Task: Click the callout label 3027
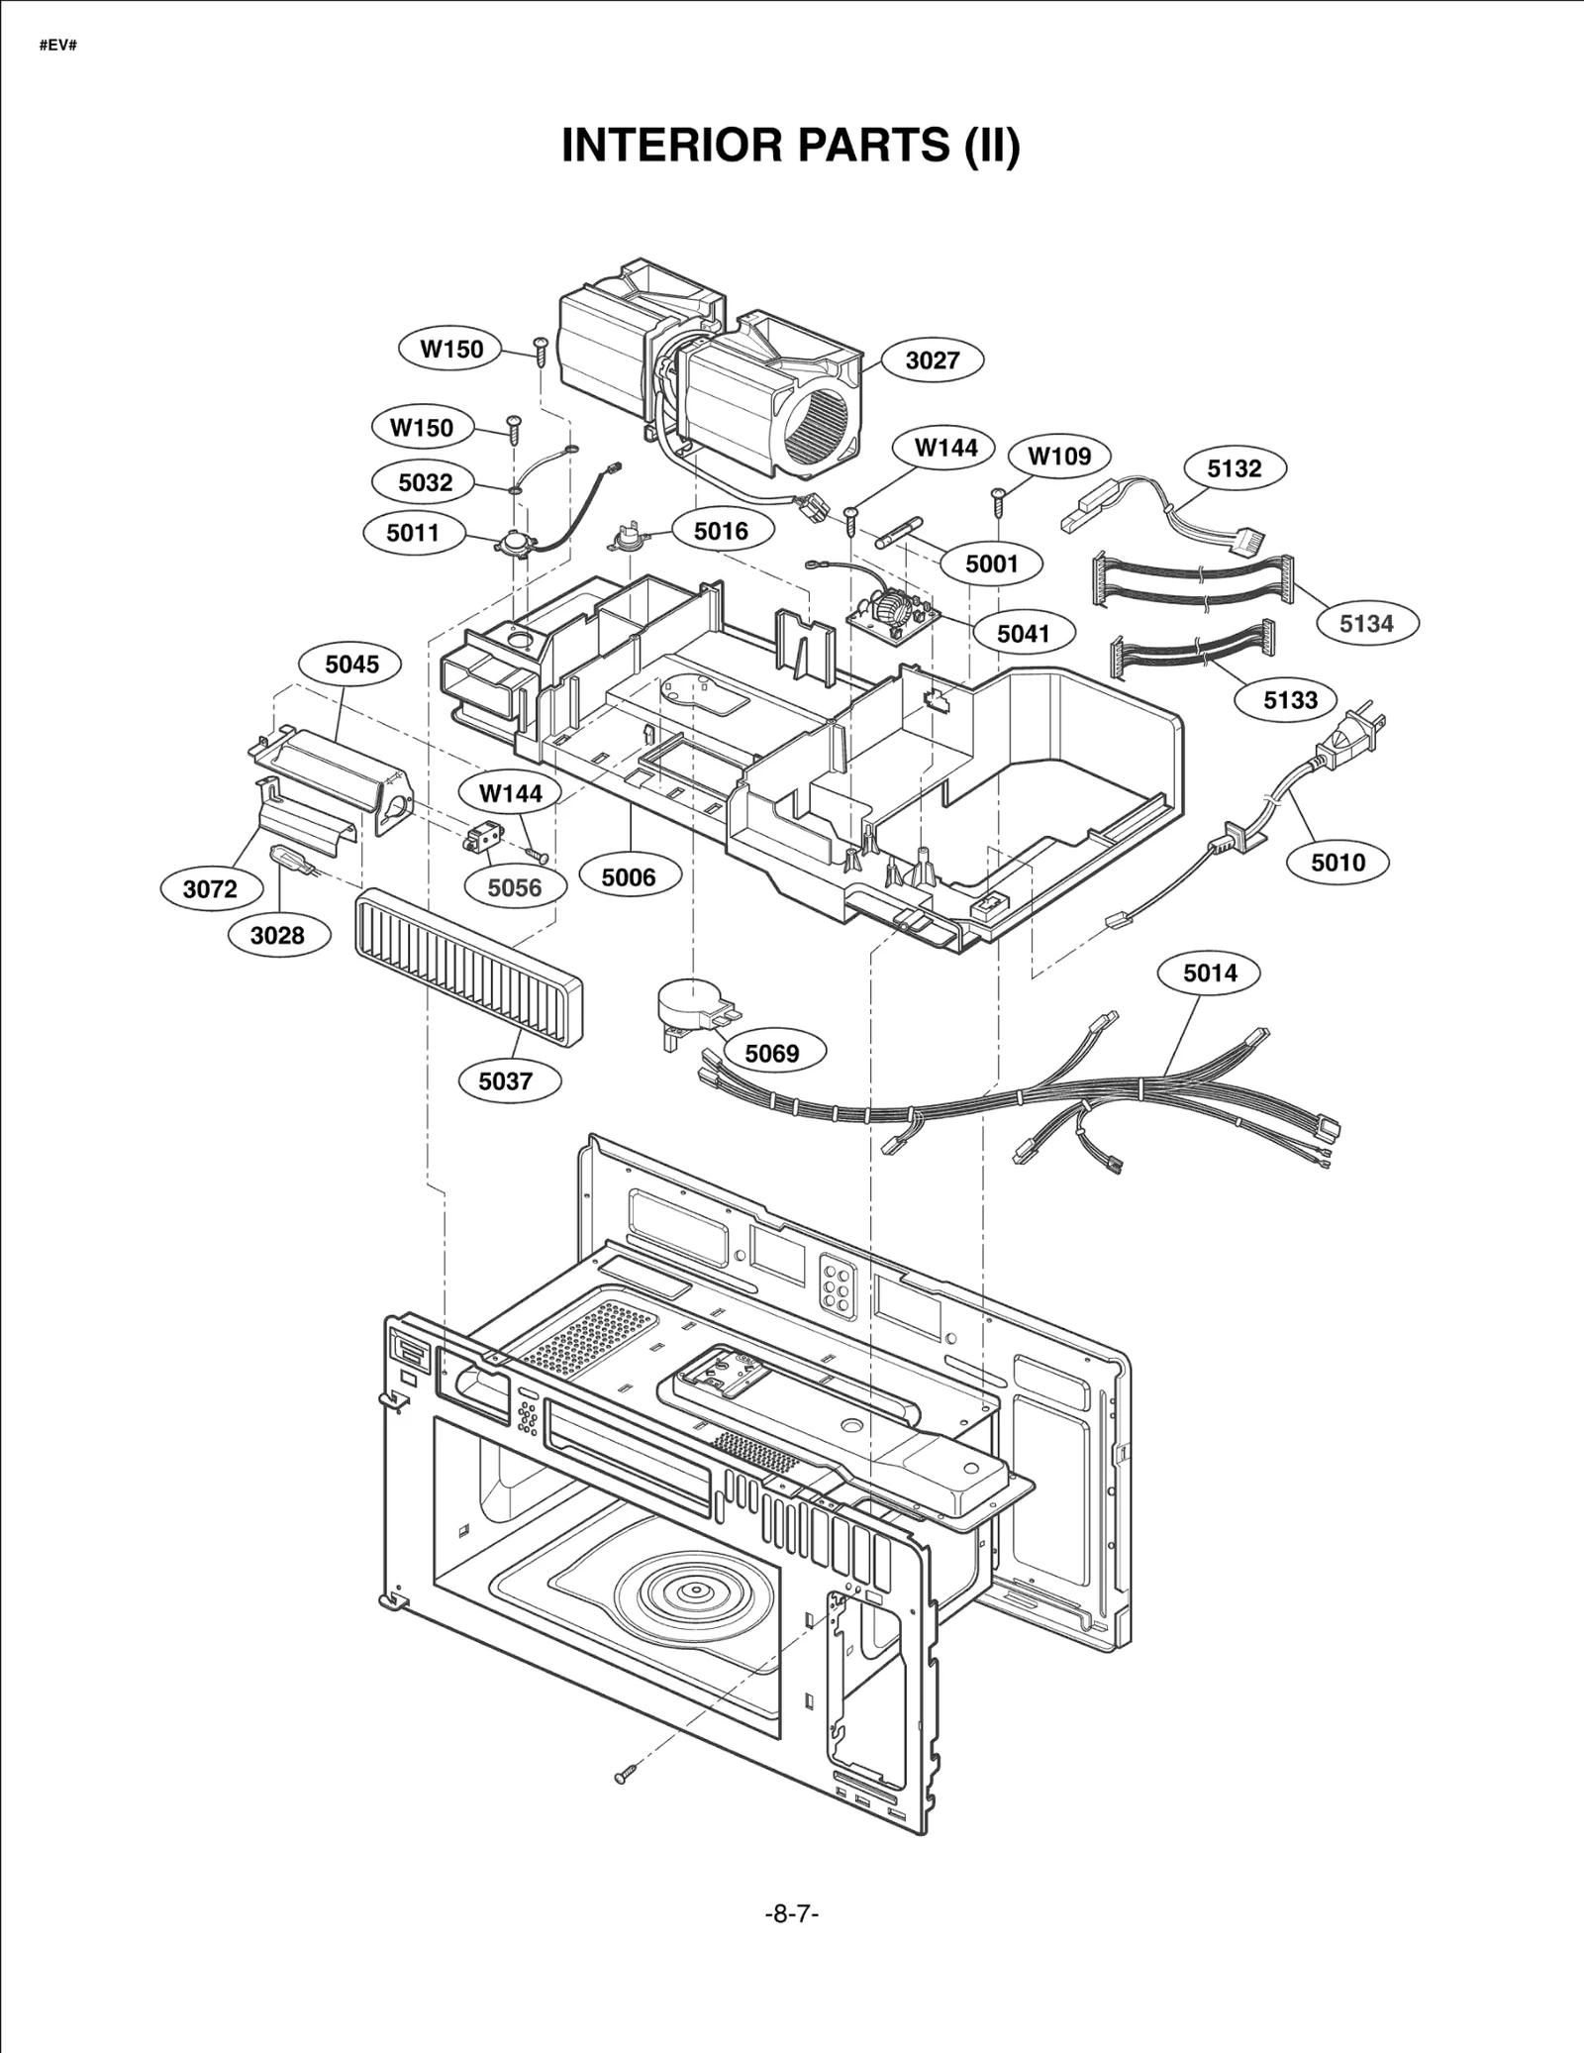932,360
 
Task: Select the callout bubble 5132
1234,468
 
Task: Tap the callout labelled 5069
771,1053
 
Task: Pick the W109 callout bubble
1058,457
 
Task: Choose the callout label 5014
1210,974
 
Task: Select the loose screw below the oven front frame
623,1777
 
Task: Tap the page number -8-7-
792,1914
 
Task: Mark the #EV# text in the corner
58,47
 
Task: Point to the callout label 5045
351,665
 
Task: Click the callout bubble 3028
277,935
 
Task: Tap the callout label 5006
629,877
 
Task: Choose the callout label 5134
1366,624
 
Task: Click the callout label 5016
721,532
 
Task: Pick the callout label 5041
1023,634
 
